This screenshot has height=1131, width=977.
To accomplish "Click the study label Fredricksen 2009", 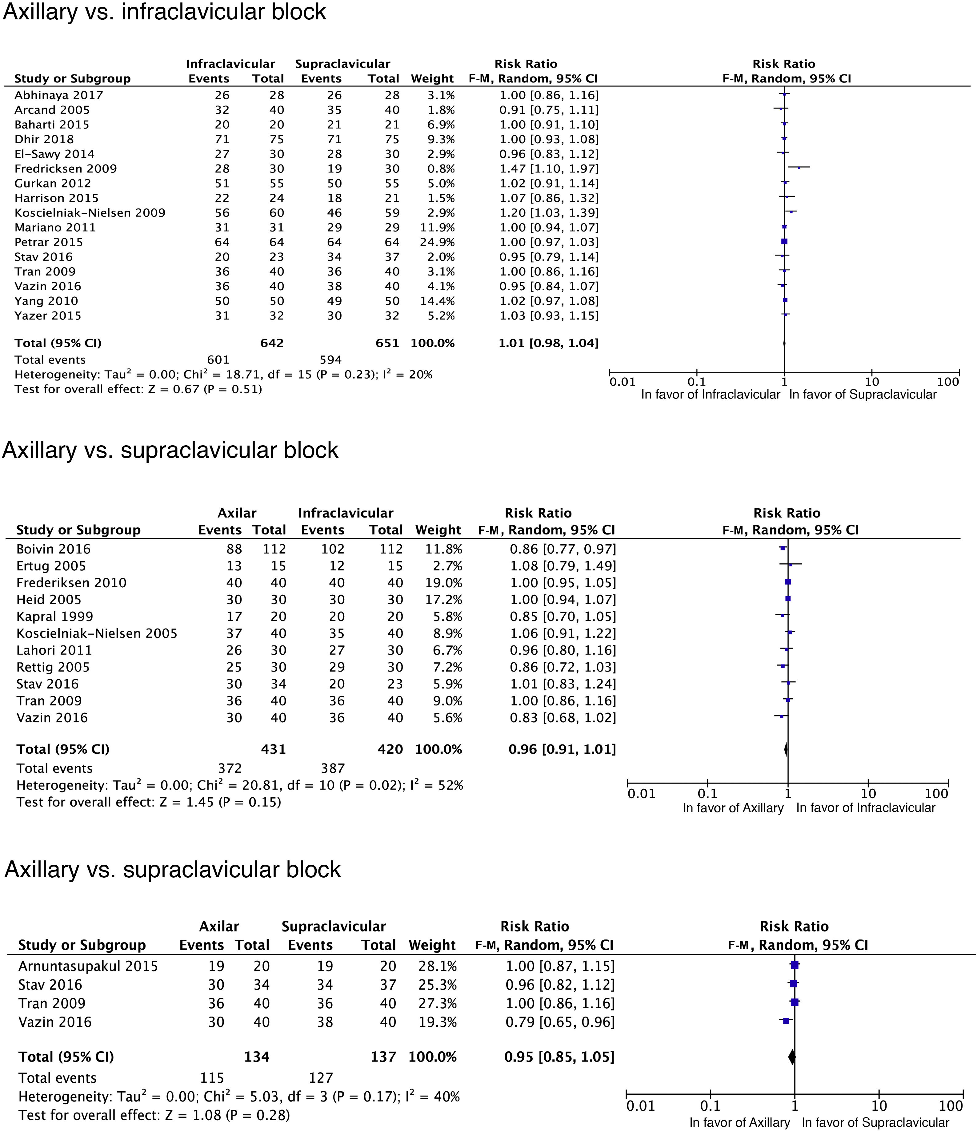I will pos(66,169).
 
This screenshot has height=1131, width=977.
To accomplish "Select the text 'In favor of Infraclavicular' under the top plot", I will pos(711,395).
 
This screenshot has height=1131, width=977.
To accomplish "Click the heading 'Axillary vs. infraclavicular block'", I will pos(164,12).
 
